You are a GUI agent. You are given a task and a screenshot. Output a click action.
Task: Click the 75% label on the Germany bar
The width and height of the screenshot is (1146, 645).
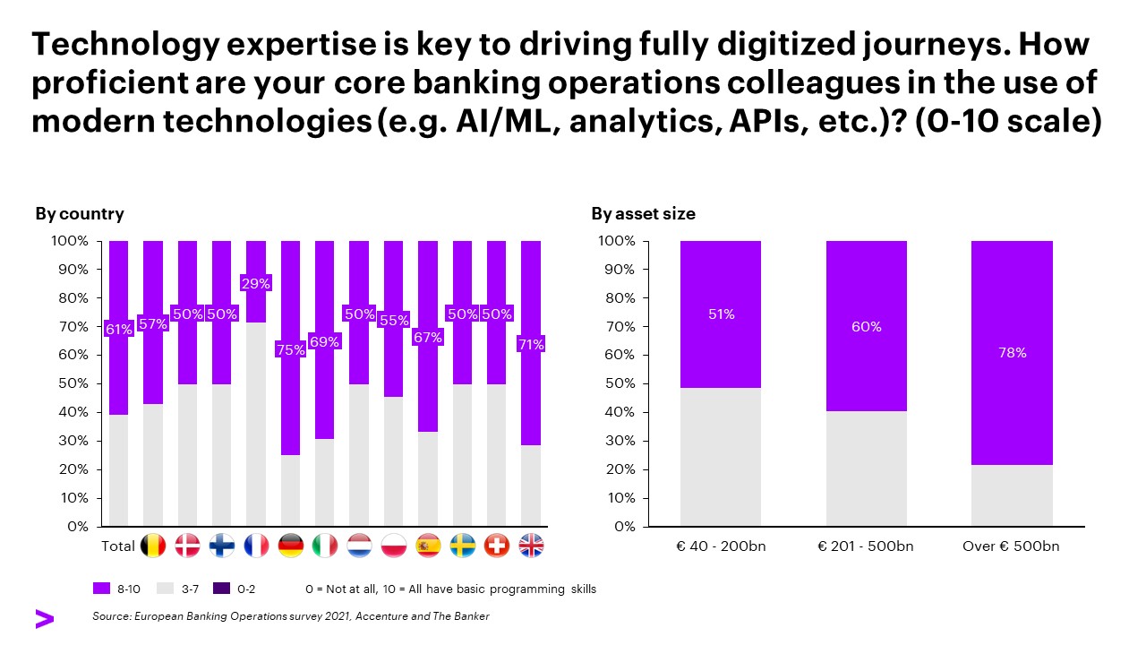pos(291,350)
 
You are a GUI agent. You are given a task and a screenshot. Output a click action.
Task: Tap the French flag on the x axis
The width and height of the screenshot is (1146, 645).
pos(257,546)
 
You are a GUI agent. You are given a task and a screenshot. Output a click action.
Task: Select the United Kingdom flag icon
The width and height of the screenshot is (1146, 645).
pos(532,546)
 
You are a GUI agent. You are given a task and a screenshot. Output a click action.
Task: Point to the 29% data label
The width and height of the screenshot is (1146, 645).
pos(257,283)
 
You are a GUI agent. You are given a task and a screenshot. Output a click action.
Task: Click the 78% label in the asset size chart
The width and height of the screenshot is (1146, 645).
pos(1012,353)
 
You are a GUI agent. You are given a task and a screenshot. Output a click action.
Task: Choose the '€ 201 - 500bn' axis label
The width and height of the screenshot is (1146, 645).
pos(866,546)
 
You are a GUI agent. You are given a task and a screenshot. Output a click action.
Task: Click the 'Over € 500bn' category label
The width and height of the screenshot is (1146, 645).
pos(1012,546)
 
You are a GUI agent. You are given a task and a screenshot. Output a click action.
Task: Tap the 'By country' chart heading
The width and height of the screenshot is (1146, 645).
pos(80,214)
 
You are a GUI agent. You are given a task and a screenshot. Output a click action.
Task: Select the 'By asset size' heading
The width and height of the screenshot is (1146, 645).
pos(643,214)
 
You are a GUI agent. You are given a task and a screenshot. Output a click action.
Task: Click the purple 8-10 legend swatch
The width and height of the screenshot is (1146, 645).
pos(101,589)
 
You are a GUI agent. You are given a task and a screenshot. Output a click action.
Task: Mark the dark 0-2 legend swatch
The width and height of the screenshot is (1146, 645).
pos(222,589)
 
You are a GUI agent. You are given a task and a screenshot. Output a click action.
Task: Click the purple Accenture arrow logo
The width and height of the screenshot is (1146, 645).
pos(44,618)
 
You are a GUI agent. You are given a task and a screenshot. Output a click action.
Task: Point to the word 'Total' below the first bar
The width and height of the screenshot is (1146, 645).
pos(118,546)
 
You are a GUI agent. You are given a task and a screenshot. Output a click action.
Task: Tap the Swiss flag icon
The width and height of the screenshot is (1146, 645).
pos(497,546)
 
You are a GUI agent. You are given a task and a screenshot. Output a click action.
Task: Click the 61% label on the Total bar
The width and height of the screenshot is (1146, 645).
pos(118,329)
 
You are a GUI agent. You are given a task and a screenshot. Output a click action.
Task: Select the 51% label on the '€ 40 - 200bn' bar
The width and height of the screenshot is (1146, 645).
pos(721,314)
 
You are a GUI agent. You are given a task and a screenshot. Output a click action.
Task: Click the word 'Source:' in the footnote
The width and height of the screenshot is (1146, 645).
pos(112,616)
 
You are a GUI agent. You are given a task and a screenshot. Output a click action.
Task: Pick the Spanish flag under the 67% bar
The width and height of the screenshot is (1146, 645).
pos(428,546)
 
